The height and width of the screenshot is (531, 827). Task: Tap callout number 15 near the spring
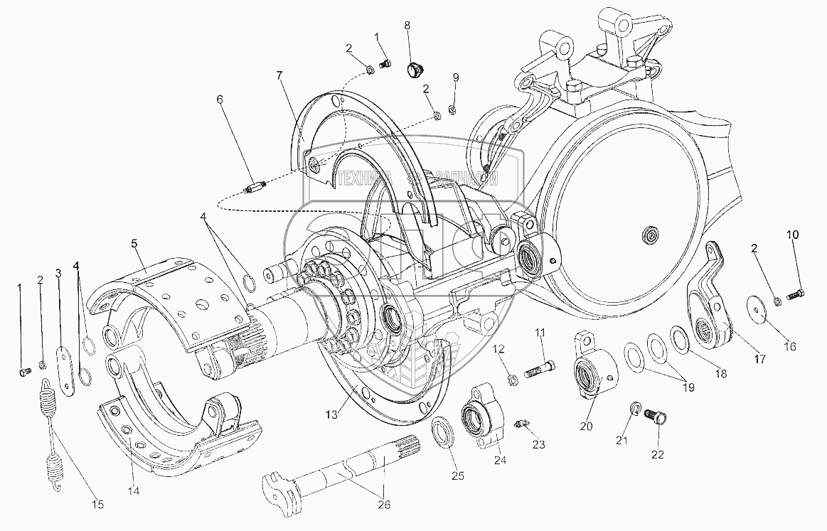click(97, 505)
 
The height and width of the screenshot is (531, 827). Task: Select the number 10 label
click(792, 235)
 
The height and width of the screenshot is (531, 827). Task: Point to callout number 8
click(407, 26)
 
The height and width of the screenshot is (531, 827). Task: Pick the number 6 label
click(220, 100)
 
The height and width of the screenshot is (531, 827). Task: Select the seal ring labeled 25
click(444, 433)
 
